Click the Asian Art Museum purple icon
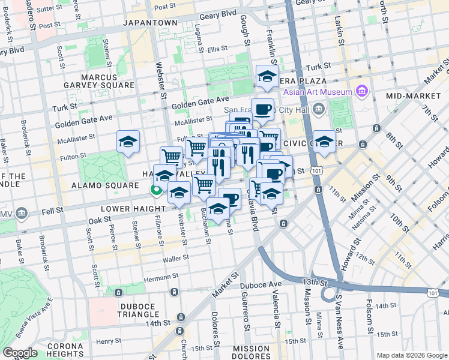(x=361, y=91)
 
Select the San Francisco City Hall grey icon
(x=318, y=110)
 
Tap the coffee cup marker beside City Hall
(x=262, y=109)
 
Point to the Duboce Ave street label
(x=261, y=284)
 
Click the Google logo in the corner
(x=20, y=353)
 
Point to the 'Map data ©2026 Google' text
(x=412, y=355)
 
